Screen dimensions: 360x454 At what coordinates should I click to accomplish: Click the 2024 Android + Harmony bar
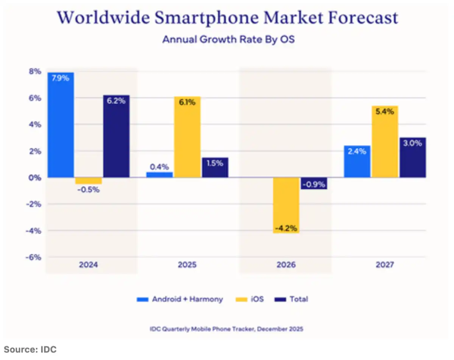point(61,125)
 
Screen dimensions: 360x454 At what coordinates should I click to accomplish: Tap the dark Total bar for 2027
point(412,157)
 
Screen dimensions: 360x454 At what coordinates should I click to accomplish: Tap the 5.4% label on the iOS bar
point(385,112)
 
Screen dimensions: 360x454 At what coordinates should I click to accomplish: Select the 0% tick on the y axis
point(34,178)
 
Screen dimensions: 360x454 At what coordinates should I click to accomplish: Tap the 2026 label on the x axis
point(286,265)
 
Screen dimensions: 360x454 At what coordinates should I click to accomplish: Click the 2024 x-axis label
point(89,265)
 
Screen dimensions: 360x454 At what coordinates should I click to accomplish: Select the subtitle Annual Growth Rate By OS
point(228,39)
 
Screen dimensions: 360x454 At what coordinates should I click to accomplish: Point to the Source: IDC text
point(30,349)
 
